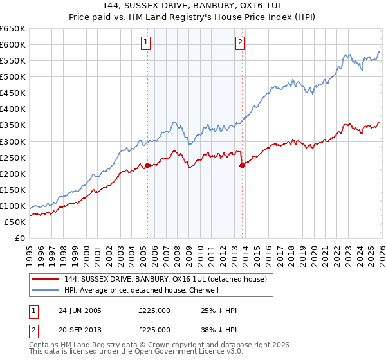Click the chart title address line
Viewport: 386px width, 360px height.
(193, 6)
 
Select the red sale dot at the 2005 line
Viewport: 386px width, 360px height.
(147, 165)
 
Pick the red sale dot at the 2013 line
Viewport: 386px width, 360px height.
(242, 165)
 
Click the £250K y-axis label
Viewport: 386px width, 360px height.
(13, 157)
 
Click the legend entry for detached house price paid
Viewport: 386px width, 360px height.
(169, 278)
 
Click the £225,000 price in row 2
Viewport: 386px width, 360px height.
(154, 329)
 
